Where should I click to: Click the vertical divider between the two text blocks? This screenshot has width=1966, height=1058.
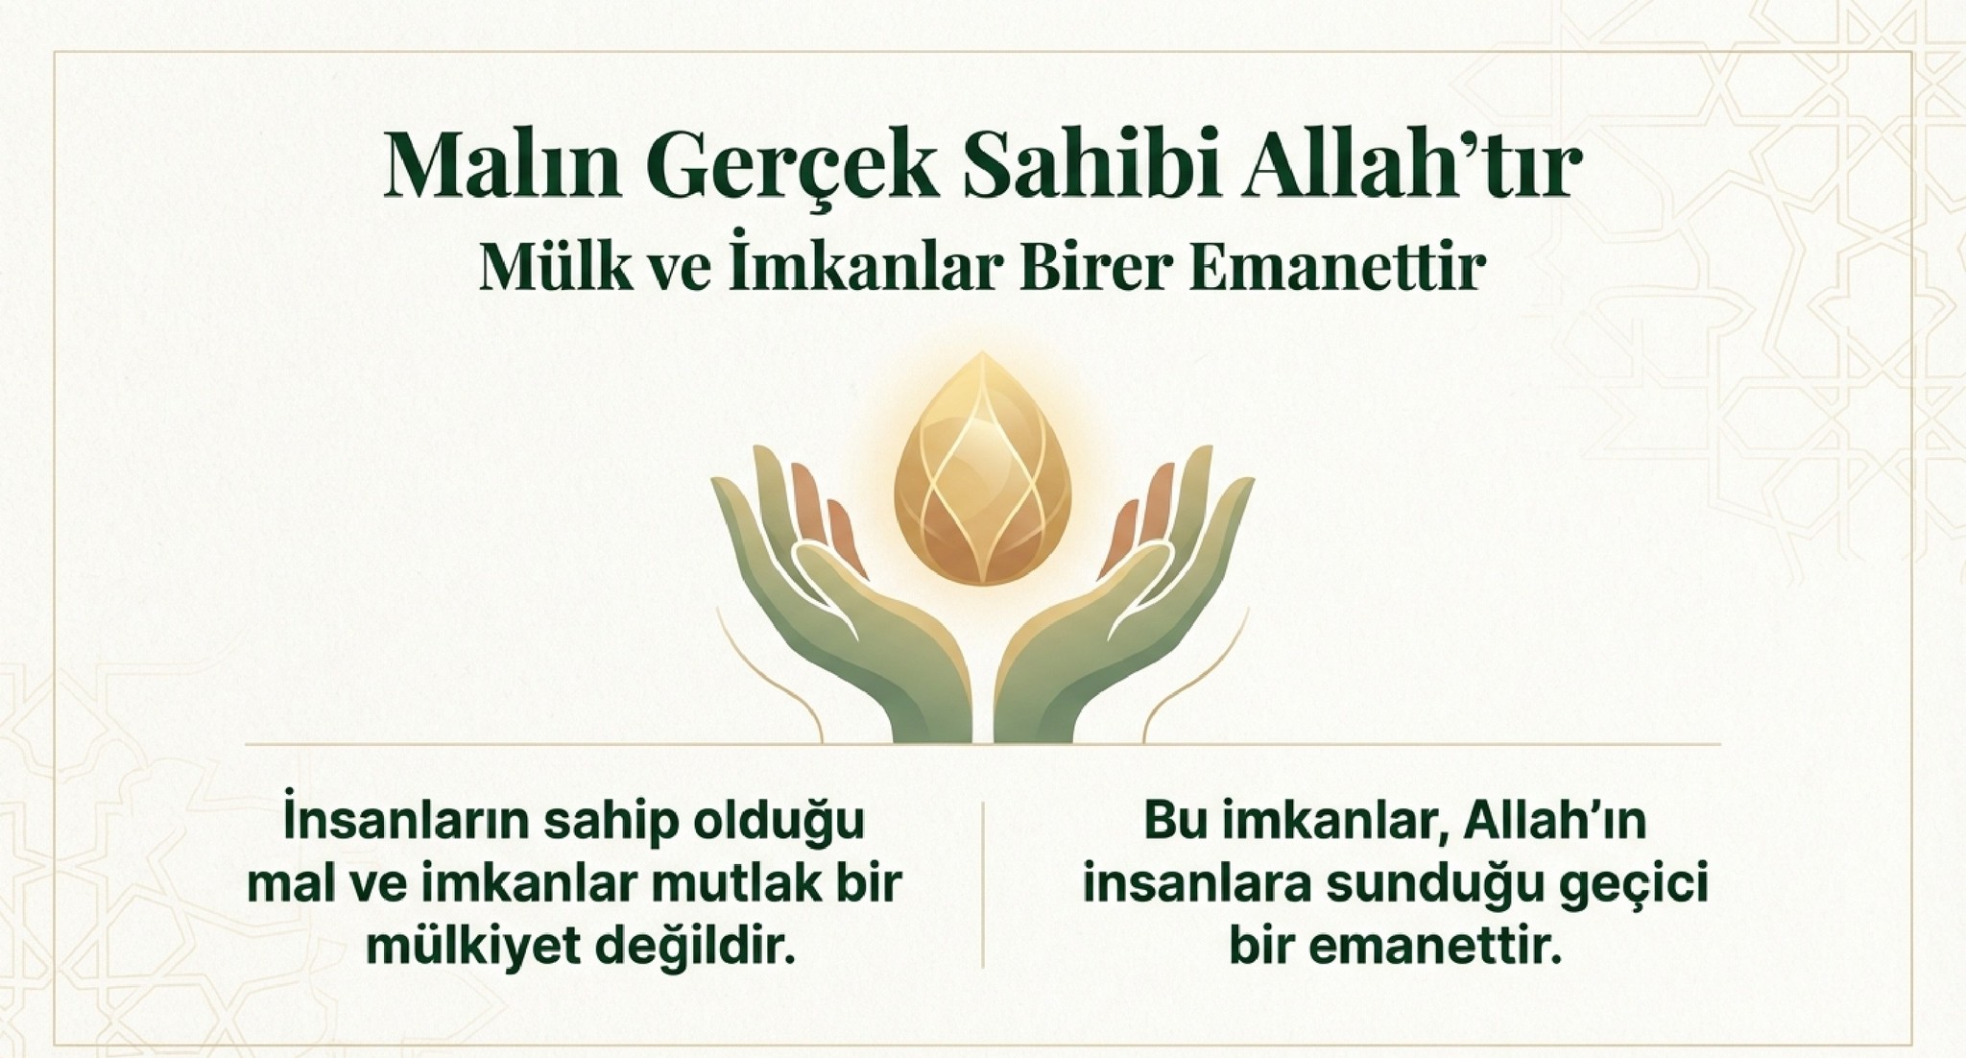(x=983, y=884)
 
